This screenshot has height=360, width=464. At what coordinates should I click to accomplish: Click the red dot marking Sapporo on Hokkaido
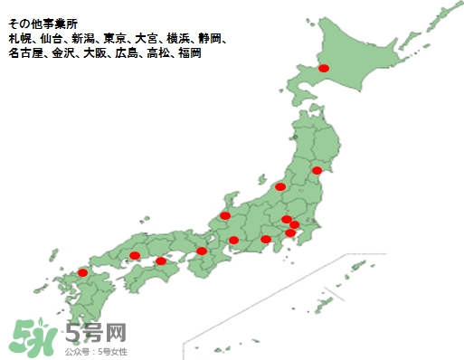coord(324,69)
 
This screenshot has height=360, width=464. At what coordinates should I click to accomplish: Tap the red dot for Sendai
coord(317,170)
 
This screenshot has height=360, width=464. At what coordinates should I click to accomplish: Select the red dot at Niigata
coord(280,186)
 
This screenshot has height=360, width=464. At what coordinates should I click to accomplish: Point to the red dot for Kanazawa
coord(225,216)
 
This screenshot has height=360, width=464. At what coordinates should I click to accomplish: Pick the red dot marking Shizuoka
coord(266,240)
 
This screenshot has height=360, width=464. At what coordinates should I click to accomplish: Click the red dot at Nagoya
coord(233,240)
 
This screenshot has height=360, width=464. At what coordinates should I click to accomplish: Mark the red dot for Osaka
coord(202,251)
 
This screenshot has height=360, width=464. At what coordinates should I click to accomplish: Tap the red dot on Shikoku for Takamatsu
coord(161,261)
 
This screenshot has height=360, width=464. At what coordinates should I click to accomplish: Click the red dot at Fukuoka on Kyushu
coord(83,272)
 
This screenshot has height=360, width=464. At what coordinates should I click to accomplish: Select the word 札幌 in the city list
coord(19,39)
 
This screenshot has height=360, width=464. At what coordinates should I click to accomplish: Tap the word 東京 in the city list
coord(114,39)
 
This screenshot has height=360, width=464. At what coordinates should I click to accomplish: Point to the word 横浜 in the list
coord(178,39)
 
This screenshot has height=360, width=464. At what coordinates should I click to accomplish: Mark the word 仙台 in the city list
coord(51,39)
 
